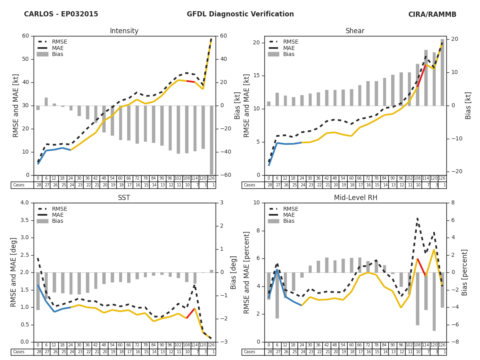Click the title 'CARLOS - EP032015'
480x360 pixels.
(x=61, y=14)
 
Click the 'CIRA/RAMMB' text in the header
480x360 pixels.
(x=432, y=14)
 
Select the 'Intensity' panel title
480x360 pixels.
(x=124, y=31)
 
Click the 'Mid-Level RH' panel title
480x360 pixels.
(x=355, y=198)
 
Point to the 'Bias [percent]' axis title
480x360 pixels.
(x=465, y=272)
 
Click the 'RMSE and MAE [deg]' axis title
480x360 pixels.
(x=14, y=272)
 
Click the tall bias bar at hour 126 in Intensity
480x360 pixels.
(x=211, y=140)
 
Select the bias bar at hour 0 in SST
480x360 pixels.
(x=38, y=291)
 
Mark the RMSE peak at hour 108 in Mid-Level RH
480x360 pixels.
(x=417, y=218)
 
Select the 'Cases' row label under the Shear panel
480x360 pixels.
(x=249, y=185)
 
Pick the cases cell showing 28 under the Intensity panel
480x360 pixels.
(x=38, y=185)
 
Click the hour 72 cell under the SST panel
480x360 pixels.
(x=137, y=345)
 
